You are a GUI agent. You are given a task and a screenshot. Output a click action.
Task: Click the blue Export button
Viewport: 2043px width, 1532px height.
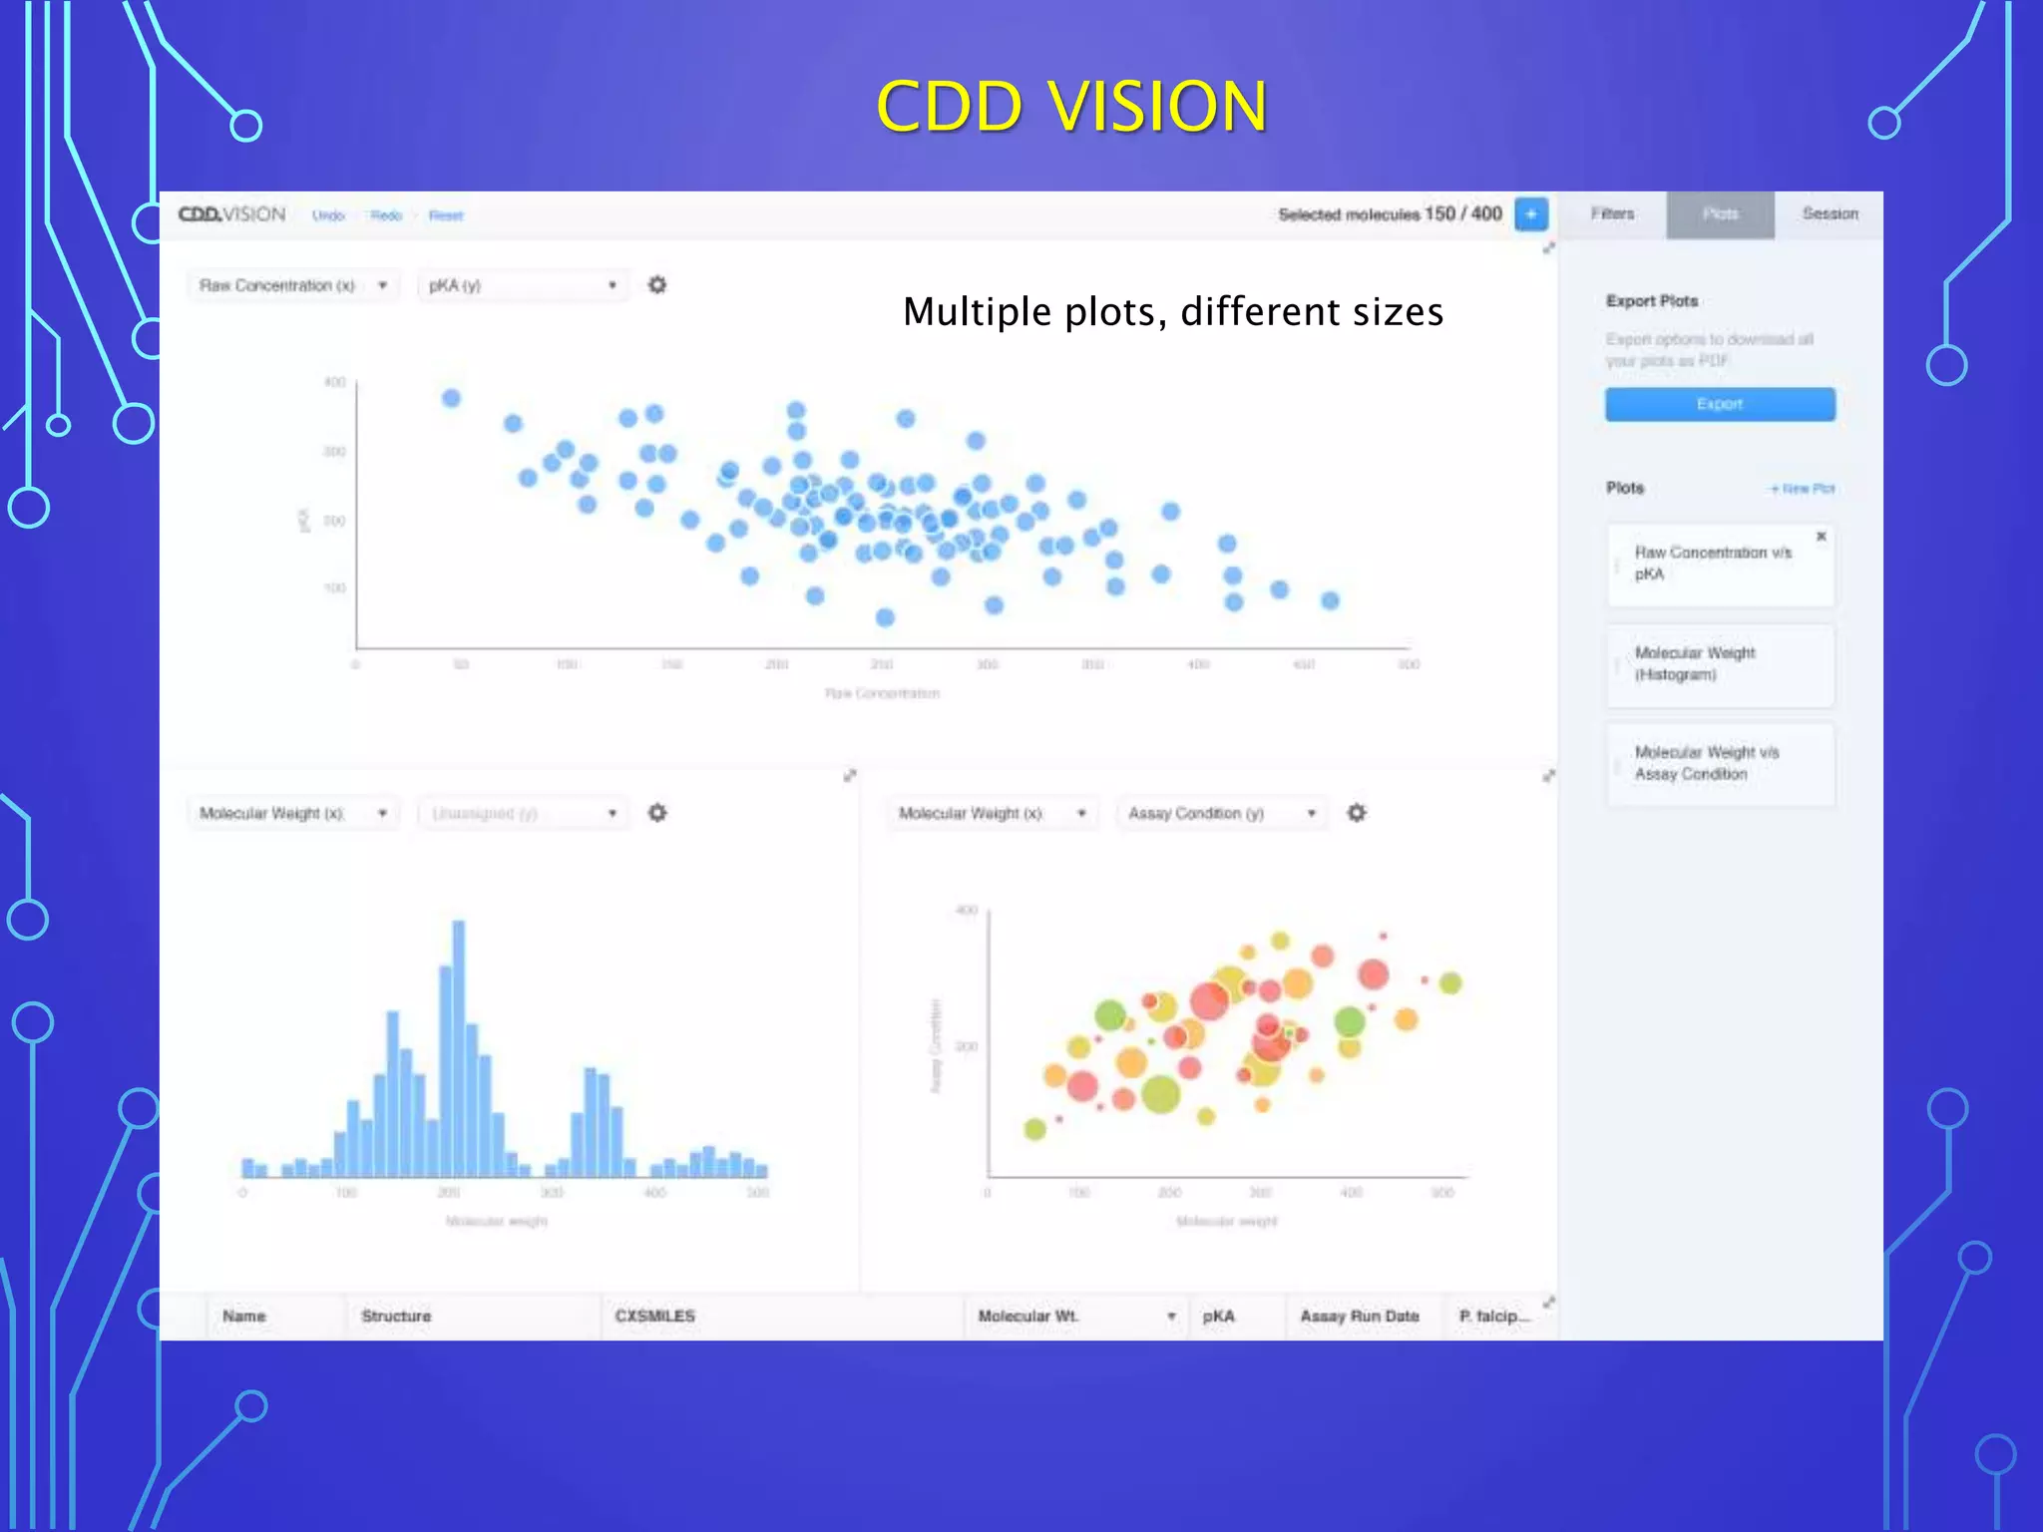pos(1719,404)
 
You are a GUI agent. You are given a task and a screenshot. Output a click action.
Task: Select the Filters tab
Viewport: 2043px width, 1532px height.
pos(1612,214)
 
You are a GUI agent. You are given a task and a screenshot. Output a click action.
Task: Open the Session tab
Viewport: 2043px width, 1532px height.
pos(1830,214)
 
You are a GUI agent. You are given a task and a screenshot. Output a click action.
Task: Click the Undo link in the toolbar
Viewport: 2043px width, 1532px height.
pos(328,215)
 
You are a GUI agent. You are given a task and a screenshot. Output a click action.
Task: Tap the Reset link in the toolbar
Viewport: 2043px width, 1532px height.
pos(446,215)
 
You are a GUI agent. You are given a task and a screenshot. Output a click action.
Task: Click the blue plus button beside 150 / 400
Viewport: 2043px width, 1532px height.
pos(1530,214)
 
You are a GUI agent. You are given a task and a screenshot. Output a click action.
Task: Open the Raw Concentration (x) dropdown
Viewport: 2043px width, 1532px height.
pos(292,285)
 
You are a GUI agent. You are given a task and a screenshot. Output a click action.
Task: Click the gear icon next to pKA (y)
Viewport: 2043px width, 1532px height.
pos(657,285)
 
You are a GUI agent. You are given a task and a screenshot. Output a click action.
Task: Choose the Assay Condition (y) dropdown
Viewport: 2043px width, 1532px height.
pos(1221,814)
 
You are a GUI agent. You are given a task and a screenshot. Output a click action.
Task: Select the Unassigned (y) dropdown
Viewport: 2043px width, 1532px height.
pos(522,814)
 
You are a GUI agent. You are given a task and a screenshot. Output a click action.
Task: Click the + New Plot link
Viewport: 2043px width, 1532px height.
pos(1802,489)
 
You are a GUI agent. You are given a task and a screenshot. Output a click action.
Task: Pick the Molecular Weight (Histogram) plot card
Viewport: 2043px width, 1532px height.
pos(1719,664)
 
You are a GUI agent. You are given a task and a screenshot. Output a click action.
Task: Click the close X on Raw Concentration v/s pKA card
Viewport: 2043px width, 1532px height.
pos(1821,537)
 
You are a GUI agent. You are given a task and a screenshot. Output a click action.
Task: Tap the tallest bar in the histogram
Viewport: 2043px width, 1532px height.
pos(459,1047)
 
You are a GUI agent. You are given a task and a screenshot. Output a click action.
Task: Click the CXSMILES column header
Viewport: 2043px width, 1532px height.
pos(655,1317)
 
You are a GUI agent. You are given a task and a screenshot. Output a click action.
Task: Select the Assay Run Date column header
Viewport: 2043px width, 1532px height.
pos(1359,1317)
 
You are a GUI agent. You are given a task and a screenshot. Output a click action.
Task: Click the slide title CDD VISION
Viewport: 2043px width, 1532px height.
pos(1071,106)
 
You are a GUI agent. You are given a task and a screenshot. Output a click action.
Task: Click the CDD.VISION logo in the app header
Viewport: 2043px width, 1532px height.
pos(231,214)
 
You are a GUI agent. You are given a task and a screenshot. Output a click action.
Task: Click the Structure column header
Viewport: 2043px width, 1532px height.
pos(396,1317)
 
